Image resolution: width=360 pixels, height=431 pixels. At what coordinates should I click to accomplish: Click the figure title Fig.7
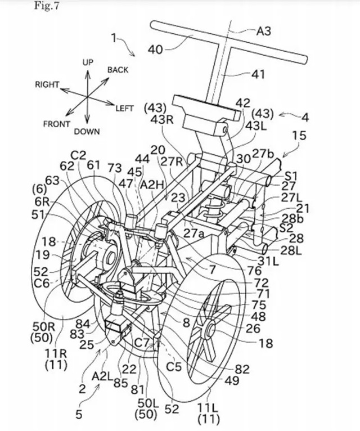[47, 6]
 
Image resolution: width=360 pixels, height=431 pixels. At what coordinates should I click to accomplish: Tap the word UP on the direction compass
[88, 62]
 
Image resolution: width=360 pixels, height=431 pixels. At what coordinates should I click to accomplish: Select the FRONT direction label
[57, 124]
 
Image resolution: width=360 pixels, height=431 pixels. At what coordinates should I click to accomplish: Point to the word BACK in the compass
[118, 70]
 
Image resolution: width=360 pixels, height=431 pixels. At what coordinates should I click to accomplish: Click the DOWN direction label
[87, 132]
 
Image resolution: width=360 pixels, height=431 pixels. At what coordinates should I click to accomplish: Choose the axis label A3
[264, 31]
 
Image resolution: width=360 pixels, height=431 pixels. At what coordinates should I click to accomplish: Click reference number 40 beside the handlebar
[156, 50]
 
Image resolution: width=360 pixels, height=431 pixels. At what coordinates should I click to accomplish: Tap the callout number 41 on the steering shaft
[258, 74]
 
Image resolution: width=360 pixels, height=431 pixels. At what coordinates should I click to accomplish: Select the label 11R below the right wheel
[56, 353]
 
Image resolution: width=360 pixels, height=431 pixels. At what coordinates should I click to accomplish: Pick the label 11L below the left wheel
[209, 415]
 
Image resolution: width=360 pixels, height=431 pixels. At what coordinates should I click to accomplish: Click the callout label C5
[174, 366]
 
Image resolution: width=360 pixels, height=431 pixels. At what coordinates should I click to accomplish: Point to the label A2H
[152, 185]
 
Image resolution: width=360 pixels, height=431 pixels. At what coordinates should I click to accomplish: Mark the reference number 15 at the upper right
[299, 136]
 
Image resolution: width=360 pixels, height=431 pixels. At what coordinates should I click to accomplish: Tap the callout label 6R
[42, 202]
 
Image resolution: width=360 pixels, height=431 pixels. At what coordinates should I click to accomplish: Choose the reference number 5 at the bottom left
[79, 414]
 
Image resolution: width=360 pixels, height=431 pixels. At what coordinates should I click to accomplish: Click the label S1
[291, 176]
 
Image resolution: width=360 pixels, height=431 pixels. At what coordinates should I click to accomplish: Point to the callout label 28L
[291, 250]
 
